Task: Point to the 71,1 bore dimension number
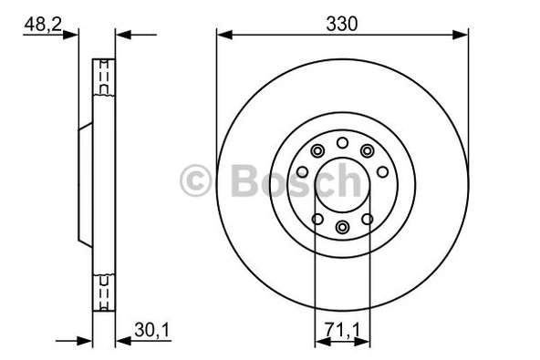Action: (x=342, y=327)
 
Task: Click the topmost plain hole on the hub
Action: (x=342, y=142)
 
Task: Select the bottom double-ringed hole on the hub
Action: (x=342, y=227)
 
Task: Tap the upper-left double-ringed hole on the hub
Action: (x=317, y=151)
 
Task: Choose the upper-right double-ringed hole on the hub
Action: (x=367, y=151)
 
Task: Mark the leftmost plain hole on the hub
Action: (x=303, y=171)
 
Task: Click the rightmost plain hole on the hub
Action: (x=381, y=171)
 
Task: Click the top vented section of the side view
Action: (x=105, y=77)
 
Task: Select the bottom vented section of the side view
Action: (x=105, y=293)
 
